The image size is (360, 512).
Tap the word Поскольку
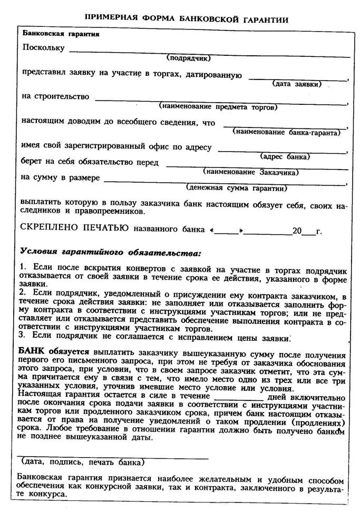point(43,48)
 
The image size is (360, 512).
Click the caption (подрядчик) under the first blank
point(188,58)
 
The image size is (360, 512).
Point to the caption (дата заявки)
point(296,84)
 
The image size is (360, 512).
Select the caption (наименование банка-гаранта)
point(290,133)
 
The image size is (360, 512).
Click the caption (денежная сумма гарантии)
point(237,188)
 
